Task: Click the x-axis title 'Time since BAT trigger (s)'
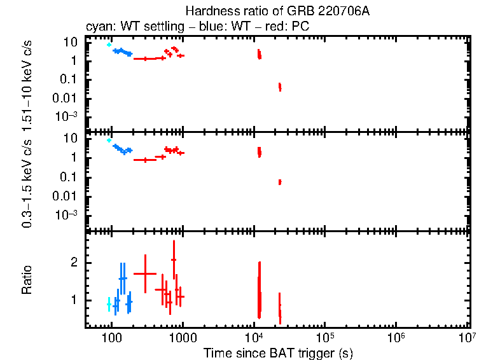(277, 352)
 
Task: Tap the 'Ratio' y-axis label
(27, 280)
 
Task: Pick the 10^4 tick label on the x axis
(254, 336)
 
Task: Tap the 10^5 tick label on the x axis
(325, 336)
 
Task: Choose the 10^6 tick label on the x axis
(396, 336)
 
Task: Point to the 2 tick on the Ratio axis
(74, 263)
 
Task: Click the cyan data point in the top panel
(109, 45)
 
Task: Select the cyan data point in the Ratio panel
(109, 305)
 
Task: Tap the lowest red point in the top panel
(279, 87)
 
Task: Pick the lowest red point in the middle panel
(279, 182)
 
